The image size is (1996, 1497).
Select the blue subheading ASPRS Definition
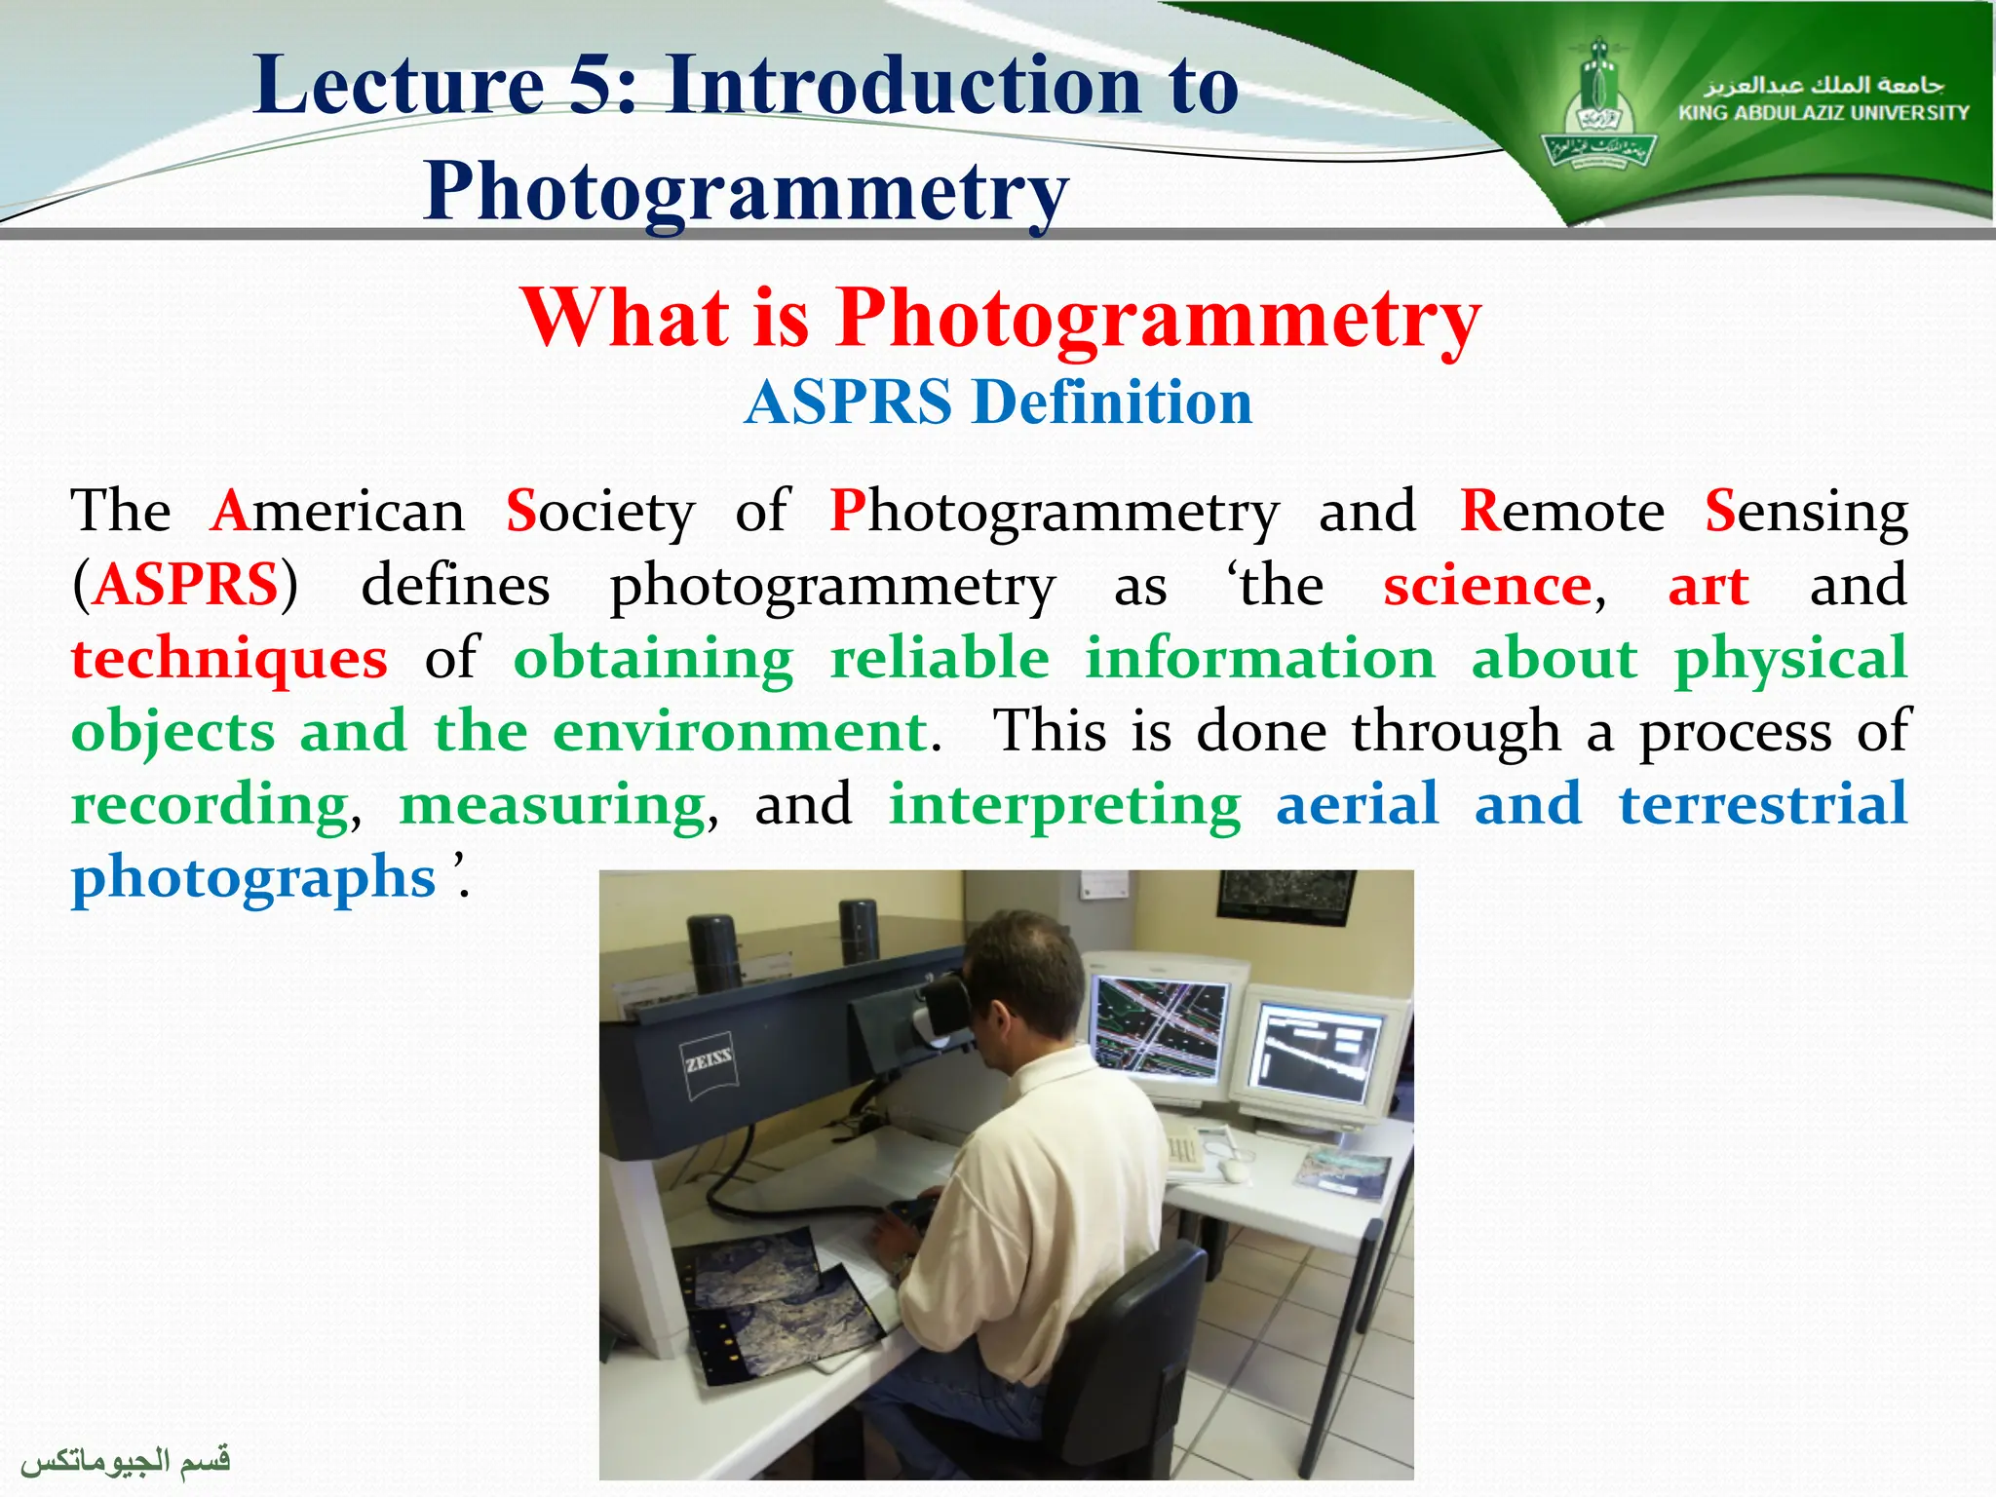998,403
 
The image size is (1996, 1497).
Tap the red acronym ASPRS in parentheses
186,586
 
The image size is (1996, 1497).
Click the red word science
1487,586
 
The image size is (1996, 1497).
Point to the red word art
1708,586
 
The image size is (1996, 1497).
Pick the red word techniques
230,659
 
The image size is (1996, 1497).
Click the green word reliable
940,658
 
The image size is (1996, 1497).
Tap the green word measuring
553,805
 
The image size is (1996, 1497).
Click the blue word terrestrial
1762,805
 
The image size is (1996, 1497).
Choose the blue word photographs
253,877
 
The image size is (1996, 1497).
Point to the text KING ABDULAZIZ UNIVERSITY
1823,113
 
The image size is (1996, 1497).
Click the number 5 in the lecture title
591,86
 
